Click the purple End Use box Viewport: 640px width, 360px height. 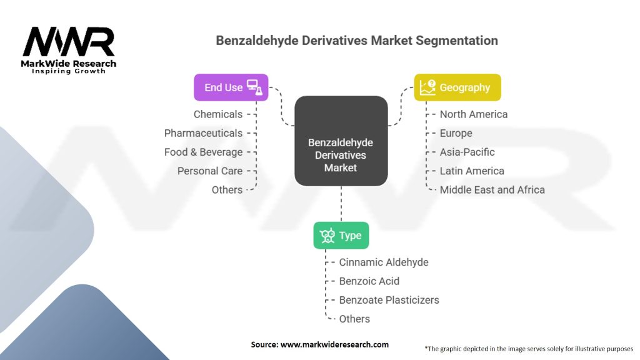click(x=231, y=87)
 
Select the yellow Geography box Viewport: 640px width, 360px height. click(x=457, y=87)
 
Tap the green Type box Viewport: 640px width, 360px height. click(x=341, y=236)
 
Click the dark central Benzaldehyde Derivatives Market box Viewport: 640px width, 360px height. click(x=341, y=141)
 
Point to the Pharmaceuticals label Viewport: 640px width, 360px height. click(x=203, y=133)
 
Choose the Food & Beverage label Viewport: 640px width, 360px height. click(x=203, y=152)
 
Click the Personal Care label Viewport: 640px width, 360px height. click(x=209, y=171)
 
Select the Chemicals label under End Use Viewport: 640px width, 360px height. click(x=217, y=114)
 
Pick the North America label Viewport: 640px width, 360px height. click(x=473, y=114)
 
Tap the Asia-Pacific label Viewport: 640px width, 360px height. click(x=467, y=152)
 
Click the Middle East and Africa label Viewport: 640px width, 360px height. click(x=492, y=189)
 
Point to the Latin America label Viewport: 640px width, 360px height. click(x=471, y=171)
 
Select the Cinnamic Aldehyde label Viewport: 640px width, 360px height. click(x=383, y=262)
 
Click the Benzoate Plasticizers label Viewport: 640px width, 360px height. click(x=389, y=300)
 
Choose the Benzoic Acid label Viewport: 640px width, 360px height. click(x=369, y=281)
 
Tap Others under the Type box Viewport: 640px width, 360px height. click(x=354, y=319)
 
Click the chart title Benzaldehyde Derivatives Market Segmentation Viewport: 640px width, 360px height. click(x=357, y=41)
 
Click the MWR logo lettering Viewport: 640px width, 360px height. click(x=69, y=42)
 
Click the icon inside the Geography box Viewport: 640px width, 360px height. click(x=427, y=87)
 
